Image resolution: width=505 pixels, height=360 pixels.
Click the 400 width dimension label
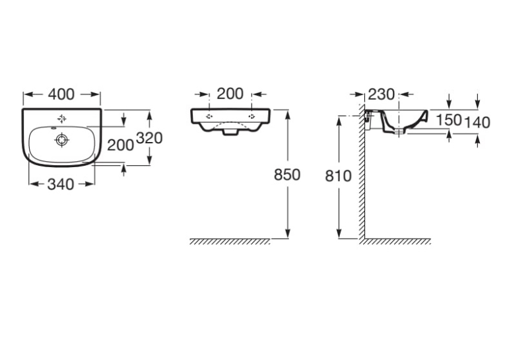pos(61,94)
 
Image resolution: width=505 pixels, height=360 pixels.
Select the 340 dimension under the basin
pos(61,184)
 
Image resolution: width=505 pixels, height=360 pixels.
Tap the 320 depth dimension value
pos(149,138)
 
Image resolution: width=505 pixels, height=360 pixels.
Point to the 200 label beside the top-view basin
pos(120,145)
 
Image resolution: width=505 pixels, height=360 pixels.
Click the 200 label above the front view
pos(230,94)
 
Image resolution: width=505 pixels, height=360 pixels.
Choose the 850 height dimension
pos(287,174)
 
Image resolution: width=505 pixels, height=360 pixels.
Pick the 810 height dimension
pos(338,176)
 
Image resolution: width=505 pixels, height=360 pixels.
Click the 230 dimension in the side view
pos(381,94)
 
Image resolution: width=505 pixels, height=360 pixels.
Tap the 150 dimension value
pos(449,120)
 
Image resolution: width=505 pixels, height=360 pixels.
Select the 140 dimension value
pos(477,122)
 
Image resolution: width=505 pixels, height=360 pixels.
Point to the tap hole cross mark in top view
pos(62,119)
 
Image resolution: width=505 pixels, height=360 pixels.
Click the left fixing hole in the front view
pos(209,116)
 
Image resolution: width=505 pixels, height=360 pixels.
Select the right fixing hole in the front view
pos(252,116)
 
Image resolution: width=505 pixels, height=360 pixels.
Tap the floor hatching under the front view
pos(230,242)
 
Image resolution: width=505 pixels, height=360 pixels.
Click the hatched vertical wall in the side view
pos(362,172)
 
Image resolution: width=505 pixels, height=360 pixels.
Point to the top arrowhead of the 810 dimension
pos(339,120)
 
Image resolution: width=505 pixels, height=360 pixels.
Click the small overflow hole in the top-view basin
pos(53,128)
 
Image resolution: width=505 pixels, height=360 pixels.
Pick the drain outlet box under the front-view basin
pos(230,132)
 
